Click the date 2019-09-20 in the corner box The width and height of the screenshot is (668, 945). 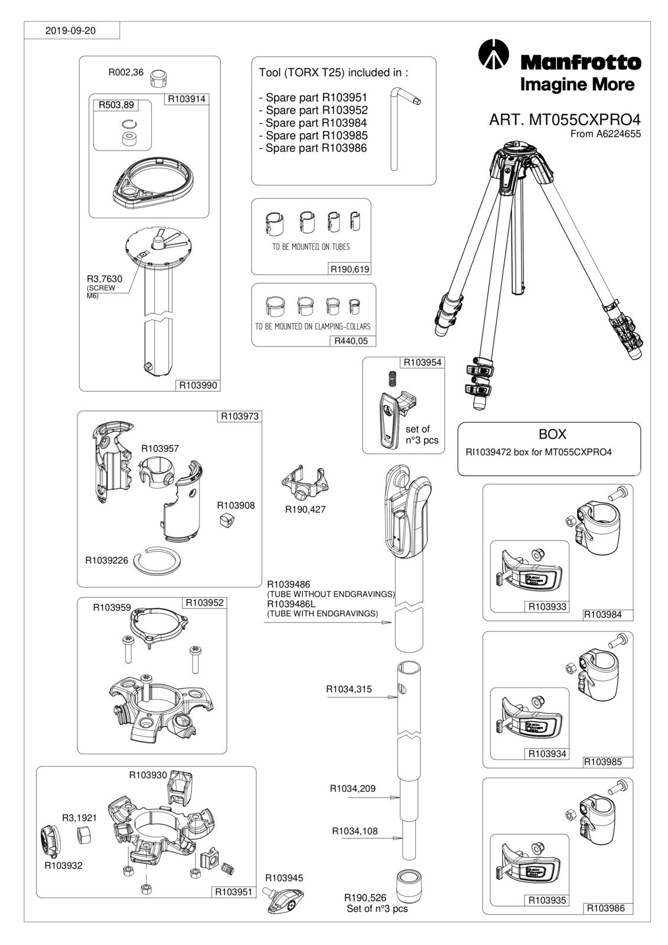[70, 30]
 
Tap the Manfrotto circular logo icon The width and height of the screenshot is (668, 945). [493, 54]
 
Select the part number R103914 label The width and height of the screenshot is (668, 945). [187, 99]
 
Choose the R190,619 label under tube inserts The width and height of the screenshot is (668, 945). [350, 269]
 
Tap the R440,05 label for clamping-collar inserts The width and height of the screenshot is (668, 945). [351, 341]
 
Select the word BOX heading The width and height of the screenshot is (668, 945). [552, 434]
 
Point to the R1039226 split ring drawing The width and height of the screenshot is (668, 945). [158, 561]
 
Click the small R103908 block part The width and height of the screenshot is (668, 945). [226, 521]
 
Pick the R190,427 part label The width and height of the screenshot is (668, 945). [305, 509]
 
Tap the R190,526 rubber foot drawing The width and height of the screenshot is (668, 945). [409, 885]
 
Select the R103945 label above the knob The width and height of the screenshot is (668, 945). [284, 878]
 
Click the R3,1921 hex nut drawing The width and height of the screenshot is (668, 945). [84, 835]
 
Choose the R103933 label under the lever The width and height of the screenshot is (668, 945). [548, 607]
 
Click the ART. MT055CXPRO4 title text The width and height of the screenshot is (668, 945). [565, 120]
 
